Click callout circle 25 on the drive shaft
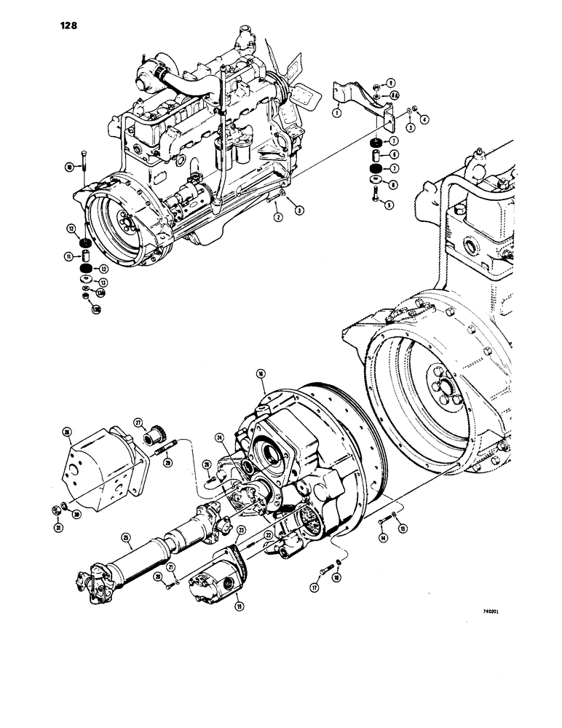tap(127, 539)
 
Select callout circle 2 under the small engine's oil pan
tap(278, 217)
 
